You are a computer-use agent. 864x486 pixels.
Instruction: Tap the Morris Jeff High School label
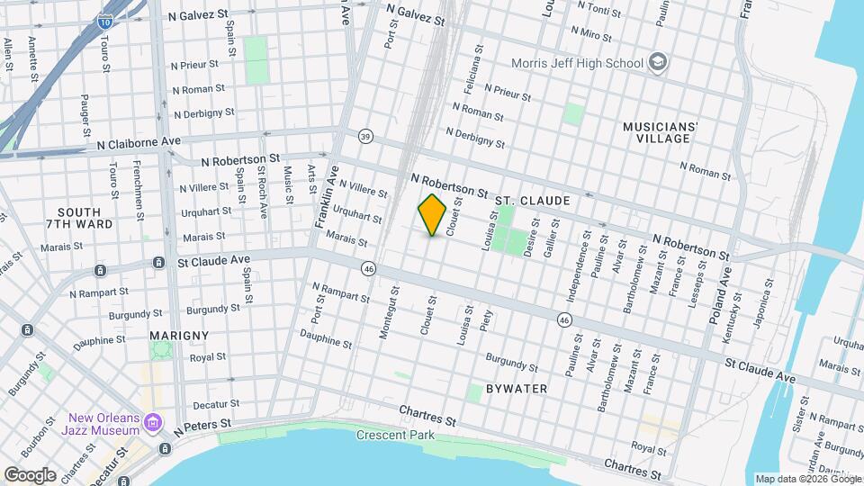577,63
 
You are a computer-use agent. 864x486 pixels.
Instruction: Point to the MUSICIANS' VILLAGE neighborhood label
658,132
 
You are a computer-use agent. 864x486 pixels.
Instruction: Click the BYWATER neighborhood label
517,388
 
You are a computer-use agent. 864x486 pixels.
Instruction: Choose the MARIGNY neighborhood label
180,335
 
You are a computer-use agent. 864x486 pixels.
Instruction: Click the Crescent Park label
395,436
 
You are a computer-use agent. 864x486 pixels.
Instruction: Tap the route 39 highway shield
364,136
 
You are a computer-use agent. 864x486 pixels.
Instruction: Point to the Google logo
30,474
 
